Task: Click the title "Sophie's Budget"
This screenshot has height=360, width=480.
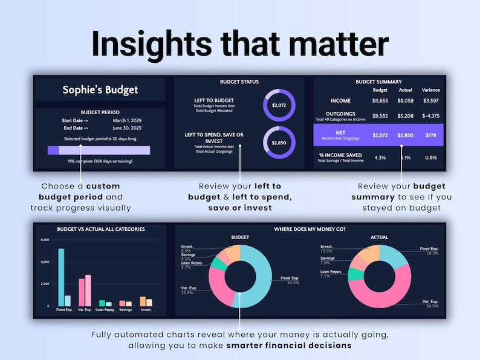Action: click(100, 90)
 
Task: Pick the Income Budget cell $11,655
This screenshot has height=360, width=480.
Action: click(380, 101)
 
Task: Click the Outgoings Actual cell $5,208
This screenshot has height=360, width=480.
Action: click(405, 115)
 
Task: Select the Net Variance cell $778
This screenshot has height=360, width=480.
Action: click(431, 135)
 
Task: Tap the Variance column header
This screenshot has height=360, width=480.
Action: click(431, 90)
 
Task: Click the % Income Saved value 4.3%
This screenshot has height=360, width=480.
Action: click(380, 158)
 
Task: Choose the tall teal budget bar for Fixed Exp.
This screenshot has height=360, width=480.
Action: click(60, 277)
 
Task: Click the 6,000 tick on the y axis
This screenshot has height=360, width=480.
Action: click(44, 240)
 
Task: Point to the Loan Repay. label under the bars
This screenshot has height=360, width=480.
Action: click(106, 310)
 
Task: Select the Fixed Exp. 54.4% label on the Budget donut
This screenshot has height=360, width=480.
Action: click(290, 280)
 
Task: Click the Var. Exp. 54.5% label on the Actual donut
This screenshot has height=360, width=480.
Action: click(430, 304)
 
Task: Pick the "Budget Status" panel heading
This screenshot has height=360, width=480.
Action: click(239, 82)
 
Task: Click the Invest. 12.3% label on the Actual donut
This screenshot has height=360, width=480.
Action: click(327, 249)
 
